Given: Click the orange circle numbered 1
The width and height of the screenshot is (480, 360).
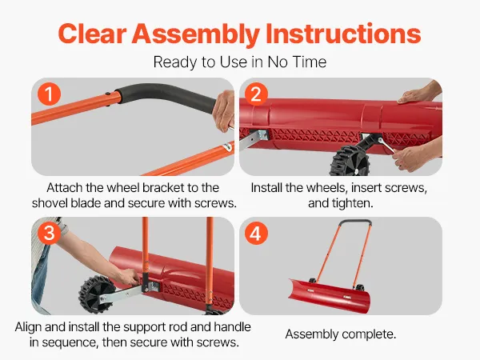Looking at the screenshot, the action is (x=49, y=94).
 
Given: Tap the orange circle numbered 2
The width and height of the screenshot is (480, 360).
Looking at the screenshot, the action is (x=256, y=94).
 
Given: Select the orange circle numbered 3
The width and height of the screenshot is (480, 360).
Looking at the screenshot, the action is (x=49, y=234).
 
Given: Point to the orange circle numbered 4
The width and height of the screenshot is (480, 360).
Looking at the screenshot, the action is (x=256, y=234).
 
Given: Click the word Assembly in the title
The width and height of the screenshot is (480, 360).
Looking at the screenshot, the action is (x=196, y=34).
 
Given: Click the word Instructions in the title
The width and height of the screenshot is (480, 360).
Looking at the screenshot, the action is (x=343, y=33).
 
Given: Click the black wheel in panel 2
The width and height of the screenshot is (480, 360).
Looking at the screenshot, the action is (x=350, y=161).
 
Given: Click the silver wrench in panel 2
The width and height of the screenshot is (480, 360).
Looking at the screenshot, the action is (x=386, y=146).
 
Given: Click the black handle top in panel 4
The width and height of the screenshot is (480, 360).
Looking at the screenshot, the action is (x=356, y=222).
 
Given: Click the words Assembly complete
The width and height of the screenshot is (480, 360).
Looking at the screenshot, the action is (x=341, y=334).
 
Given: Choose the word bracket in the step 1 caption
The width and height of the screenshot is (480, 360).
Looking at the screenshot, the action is (x=161, y=188).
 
